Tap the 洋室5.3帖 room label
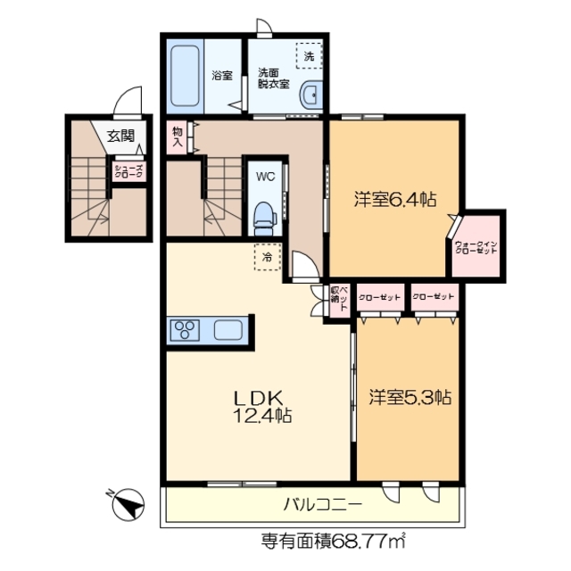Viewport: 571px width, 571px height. click(410, 398)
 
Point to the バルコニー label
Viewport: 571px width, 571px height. click(322, 505)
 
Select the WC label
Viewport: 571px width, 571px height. click(265, 176)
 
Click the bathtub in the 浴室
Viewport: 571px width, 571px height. click(187, 76)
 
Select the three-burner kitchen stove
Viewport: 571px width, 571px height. click(187, 330)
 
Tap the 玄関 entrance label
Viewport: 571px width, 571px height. click(120, 137)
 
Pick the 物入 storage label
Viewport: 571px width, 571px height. click(177, 136)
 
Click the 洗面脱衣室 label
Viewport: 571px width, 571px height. click(273, 78)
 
